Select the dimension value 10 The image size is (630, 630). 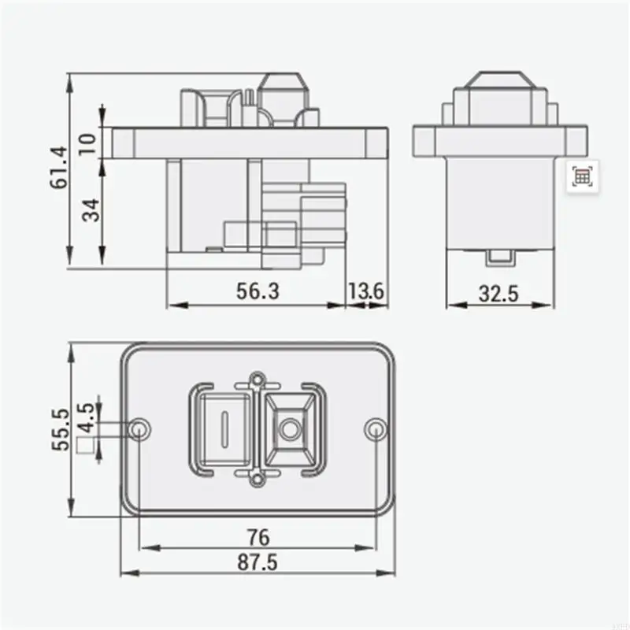tap(89, 143)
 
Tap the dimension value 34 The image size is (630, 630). tap(91, 210)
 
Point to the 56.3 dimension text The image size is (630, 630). tap(258, 291)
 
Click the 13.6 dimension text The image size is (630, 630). tap(366, 291)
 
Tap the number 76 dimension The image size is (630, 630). tap(258, 537)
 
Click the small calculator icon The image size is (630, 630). tap(582, 176)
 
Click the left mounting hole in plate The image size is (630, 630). tap(141, 428)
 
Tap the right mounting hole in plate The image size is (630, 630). tap(376, 428)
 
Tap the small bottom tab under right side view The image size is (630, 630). tap(498, 256)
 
